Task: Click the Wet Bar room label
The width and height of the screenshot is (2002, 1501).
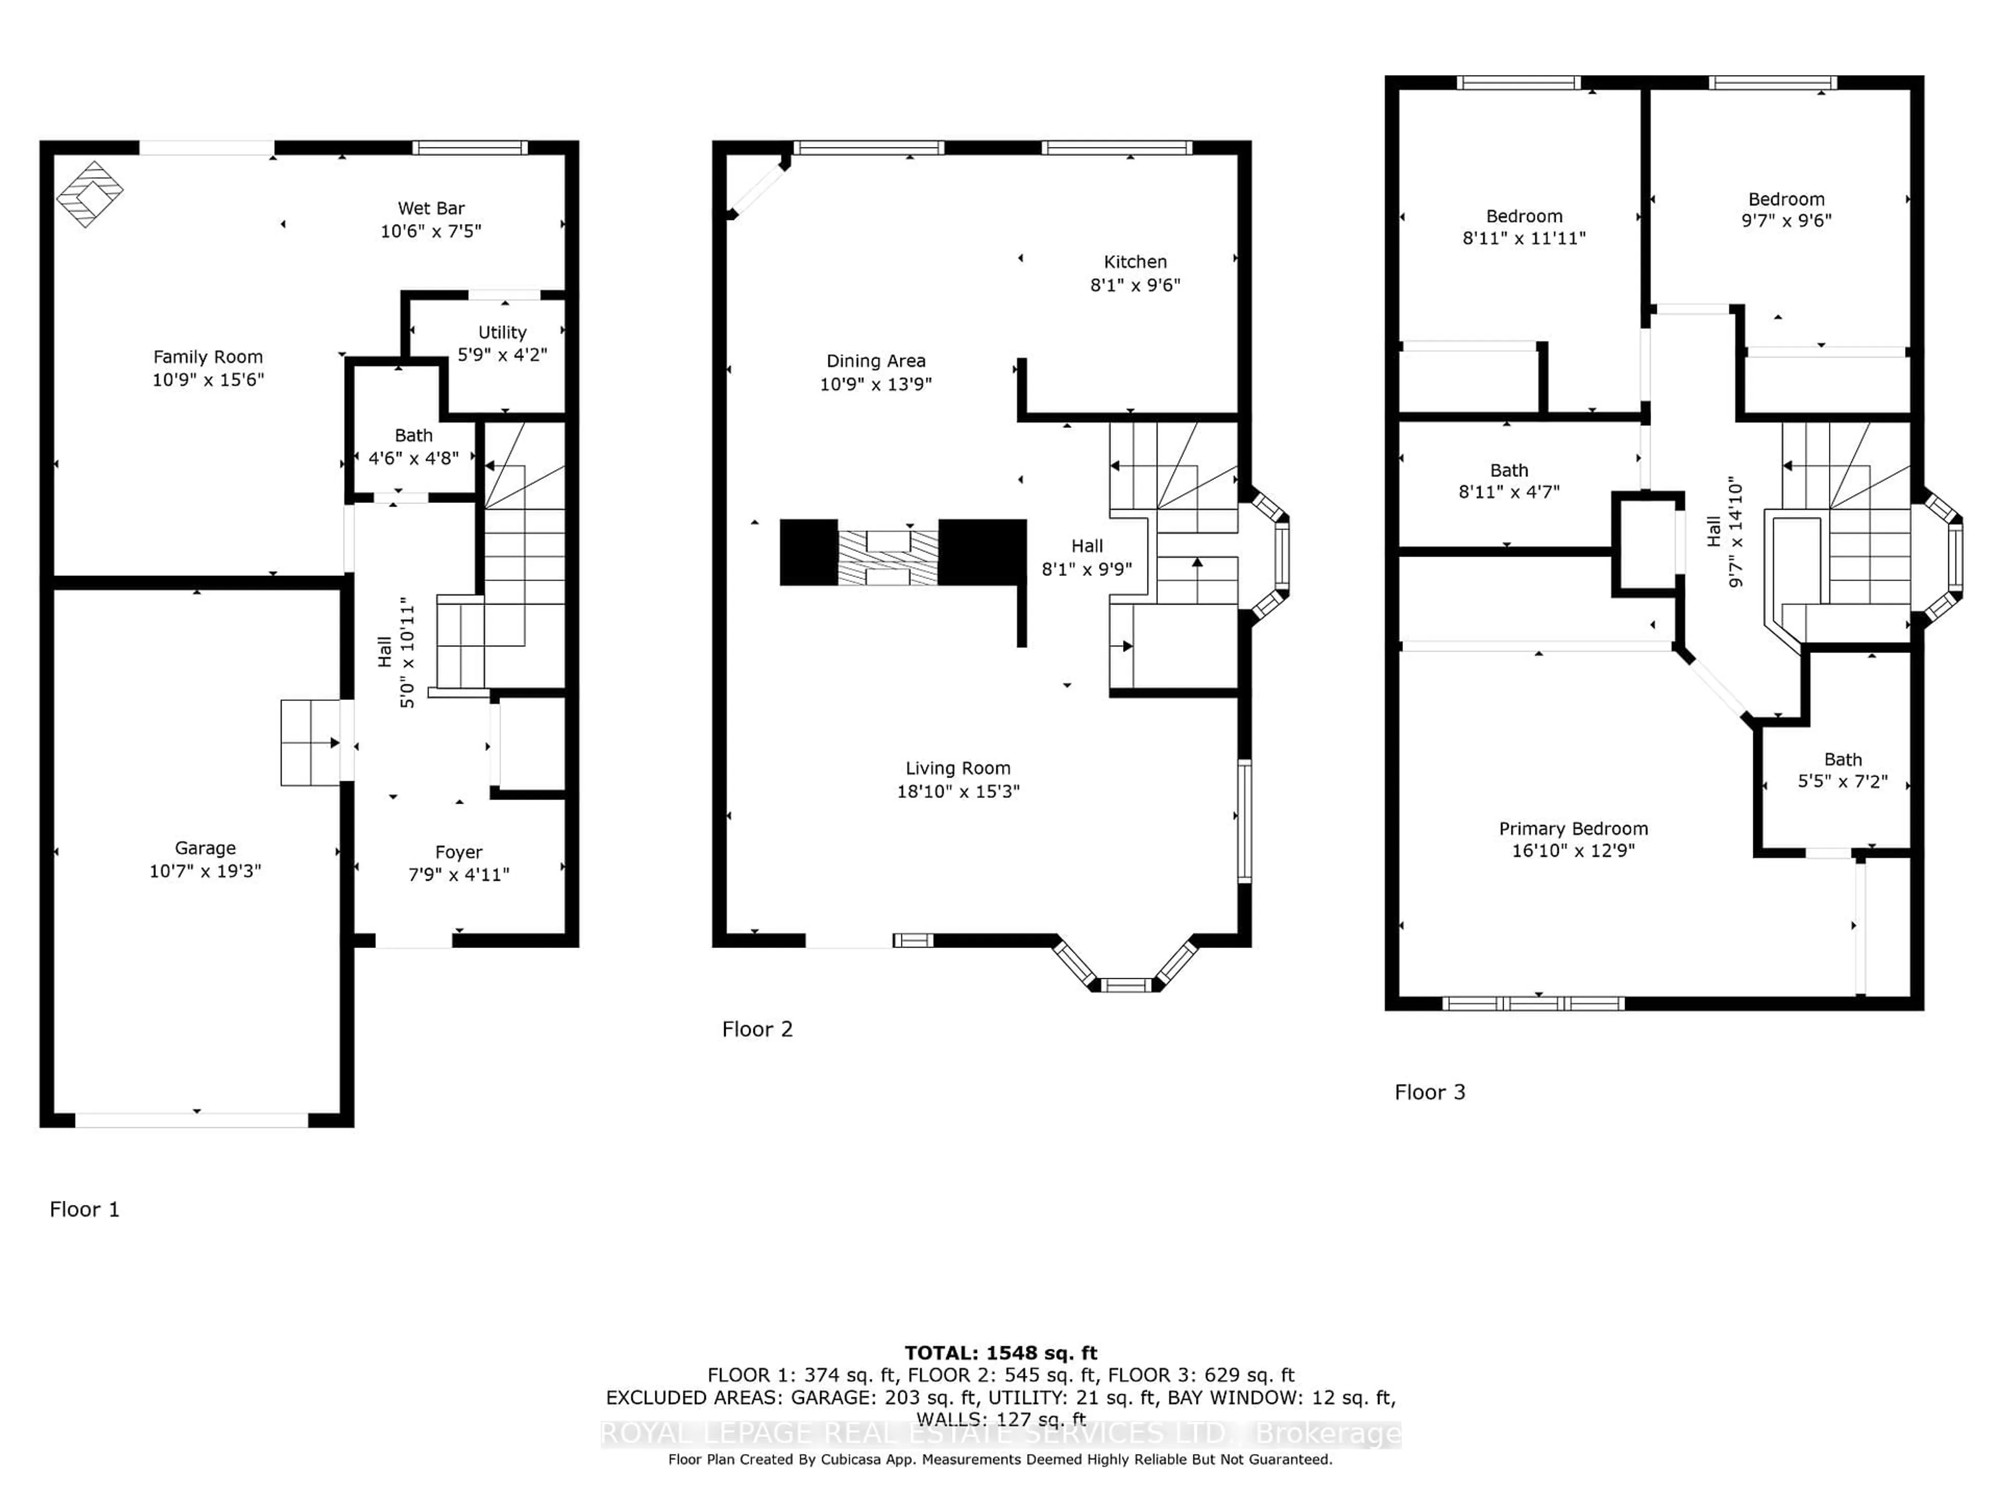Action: [x=431, y=208]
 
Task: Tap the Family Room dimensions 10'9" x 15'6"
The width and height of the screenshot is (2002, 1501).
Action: [x=207, y=380]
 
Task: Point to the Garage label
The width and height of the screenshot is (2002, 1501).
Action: [x=205, y=848]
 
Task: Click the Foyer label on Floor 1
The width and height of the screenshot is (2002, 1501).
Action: [x=459, y=852]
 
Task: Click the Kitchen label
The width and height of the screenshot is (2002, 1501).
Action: [x=1135, y=262]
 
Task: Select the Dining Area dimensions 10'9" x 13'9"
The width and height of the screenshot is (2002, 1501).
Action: [x=875, y=384]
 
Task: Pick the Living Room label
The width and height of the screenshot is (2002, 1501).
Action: [x=958, y=768]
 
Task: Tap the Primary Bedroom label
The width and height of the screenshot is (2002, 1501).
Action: [x=1573, y=829]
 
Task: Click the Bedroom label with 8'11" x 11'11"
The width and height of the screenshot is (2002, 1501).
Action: [x=1524, y=216]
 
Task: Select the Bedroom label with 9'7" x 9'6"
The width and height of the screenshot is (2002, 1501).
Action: [x=1786, y=199]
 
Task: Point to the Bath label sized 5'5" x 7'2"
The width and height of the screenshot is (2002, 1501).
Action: [x=1842, y=760]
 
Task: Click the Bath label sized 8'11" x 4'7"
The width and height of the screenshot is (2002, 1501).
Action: [x=1509, y=471]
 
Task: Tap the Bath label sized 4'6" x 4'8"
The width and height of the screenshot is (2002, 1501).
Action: [x=413, y=435]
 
